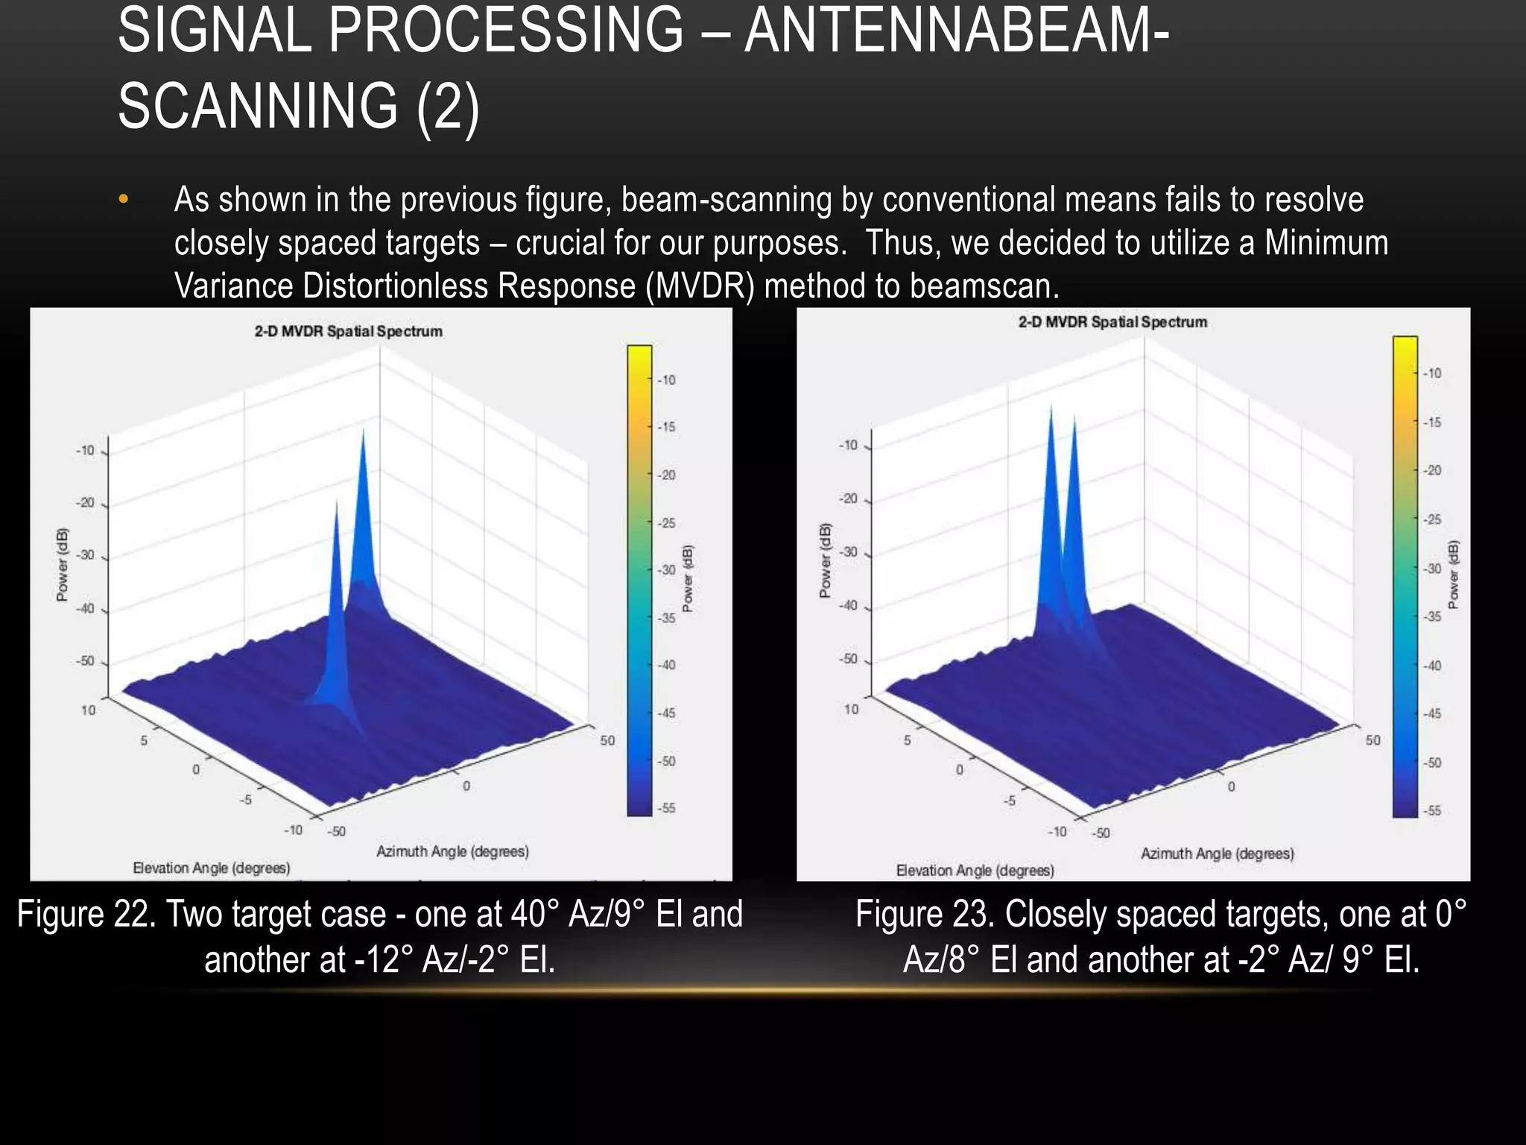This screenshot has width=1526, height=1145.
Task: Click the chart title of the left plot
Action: click(348, 331)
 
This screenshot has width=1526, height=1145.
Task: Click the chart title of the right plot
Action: click(1112, 322)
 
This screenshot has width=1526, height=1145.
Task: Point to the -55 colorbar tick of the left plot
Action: click(666, 808)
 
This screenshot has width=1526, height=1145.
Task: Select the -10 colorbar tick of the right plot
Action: click(1432, 373)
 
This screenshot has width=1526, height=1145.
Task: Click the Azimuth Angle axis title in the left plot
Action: click(452, 851)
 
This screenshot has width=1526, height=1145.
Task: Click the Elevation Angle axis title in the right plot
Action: click(975, 870)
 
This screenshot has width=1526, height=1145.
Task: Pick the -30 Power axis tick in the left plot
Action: click(86, 555)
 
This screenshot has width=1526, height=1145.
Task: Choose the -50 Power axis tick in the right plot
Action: click(849, 660)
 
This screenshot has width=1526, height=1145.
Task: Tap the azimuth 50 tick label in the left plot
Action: click(607, 740)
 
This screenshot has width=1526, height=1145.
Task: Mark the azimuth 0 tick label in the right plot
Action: click(1231, 786)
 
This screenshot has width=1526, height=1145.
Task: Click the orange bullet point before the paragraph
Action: click(124, 200)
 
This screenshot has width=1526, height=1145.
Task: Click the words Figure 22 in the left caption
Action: click(86, 915)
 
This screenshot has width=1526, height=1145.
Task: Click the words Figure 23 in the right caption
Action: click(924, 915)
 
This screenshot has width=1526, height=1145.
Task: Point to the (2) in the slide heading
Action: click(448, 107)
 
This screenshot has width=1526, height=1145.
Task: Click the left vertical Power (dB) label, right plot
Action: click(825, 560)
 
